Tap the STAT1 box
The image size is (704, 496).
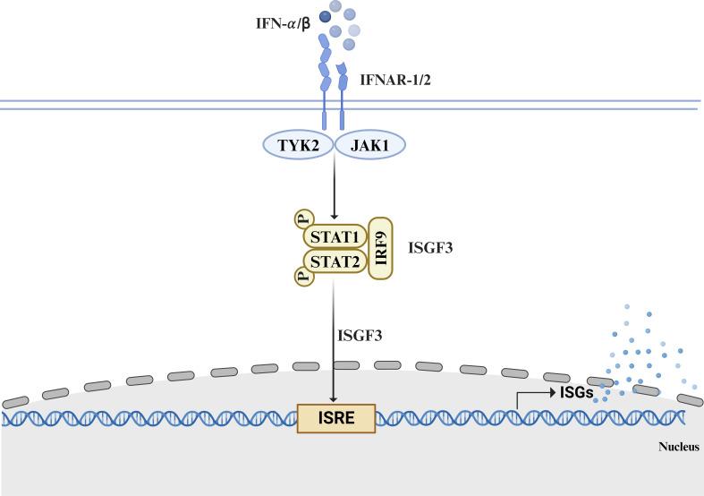point(333,236)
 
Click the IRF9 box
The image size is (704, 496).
point(381,248)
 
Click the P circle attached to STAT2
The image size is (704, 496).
point(302,277)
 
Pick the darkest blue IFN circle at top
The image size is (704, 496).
point(326,14)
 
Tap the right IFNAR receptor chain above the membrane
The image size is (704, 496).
point(344,81)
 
